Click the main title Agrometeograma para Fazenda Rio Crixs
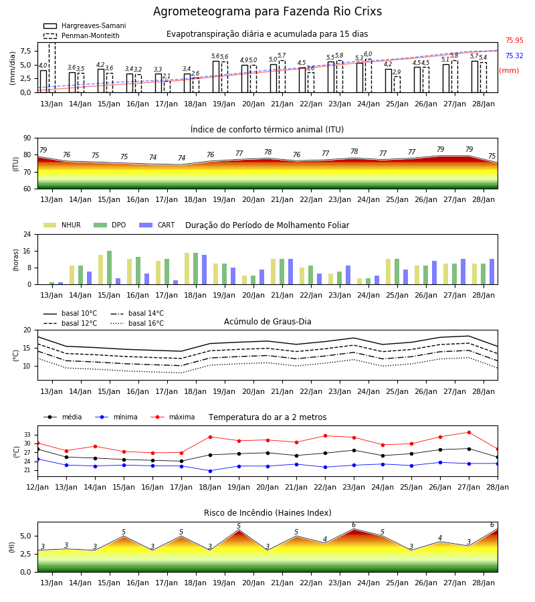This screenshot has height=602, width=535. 267,11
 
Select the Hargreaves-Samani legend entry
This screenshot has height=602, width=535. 85,25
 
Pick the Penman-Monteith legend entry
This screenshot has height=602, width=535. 82,35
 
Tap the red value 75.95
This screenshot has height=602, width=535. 514,40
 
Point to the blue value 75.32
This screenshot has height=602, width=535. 514,56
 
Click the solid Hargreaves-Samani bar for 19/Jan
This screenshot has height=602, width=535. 216,77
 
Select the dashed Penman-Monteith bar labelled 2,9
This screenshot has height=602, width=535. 397,84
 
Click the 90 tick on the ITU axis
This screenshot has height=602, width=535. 27,138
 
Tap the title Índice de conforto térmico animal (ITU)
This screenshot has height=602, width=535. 267,129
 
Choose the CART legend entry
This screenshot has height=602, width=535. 157,225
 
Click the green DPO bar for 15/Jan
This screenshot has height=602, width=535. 110,268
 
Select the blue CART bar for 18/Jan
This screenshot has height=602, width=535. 204,270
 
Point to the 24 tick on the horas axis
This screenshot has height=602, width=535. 27,234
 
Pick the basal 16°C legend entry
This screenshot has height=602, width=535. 137,323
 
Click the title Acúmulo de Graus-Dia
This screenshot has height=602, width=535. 267,321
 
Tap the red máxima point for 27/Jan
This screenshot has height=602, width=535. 469,432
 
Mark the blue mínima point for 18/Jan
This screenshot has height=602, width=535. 210,471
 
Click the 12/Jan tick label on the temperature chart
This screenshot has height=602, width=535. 37,487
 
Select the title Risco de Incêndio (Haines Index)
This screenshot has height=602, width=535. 267,512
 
